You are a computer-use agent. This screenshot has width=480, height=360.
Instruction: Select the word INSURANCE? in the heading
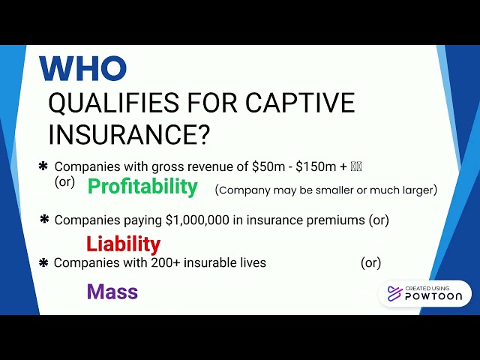click(129, 135)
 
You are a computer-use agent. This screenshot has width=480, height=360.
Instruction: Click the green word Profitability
click(142, 187)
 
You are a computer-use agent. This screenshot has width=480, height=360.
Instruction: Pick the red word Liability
click(123, 244)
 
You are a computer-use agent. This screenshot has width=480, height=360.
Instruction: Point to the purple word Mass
click(112, 292)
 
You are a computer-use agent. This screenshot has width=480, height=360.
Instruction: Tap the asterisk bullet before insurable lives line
click(43, 262)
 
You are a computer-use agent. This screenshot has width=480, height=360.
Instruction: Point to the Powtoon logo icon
click(394, 293)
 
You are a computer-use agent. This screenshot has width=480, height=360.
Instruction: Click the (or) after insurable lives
click(370, 263)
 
